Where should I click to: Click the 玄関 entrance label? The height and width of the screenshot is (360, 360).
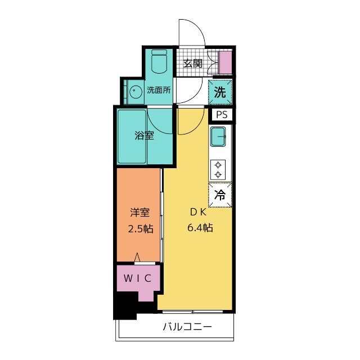193,64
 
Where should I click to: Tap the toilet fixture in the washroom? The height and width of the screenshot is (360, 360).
159,61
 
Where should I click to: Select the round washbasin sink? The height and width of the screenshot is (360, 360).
134,92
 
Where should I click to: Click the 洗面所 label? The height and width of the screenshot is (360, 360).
159,90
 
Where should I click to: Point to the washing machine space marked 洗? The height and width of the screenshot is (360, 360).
220,92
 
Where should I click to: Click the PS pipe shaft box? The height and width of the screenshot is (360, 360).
222,114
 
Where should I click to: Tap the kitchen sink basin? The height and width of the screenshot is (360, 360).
218,137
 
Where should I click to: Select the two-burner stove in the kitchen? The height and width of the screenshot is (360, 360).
218,170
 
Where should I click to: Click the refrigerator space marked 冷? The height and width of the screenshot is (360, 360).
220,195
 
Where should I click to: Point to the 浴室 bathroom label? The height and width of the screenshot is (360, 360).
144,136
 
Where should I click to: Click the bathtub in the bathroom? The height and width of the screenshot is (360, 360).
132,137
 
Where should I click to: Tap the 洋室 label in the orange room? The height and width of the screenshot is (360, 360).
140,213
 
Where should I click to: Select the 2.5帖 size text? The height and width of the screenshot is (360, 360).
141,229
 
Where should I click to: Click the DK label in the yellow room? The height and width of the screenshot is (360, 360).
199,213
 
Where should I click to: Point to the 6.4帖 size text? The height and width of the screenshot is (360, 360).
200,228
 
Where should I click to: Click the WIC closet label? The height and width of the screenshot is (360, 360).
137,278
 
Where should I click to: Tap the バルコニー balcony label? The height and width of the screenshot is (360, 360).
187,326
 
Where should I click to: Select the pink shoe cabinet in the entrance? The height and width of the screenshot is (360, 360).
225,62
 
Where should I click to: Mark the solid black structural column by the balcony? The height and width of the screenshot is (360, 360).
125,306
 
